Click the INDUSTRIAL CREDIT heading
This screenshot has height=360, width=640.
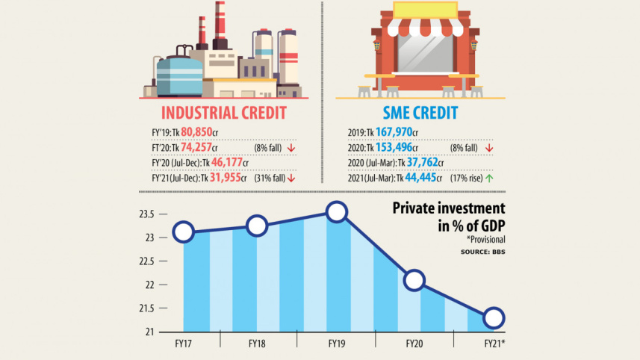223,114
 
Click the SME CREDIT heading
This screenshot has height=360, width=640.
420,114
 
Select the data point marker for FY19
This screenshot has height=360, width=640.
336,213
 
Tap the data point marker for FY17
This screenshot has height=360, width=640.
183,232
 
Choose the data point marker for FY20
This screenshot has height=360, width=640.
414,281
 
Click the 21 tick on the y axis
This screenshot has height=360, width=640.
149,332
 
